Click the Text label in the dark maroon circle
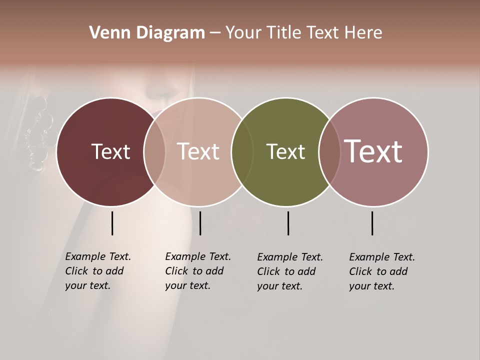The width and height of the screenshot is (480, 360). [110, 151]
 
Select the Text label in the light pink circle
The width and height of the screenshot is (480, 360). [198, 151]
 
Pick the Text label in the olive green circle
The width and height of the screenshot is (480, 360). [285, 151]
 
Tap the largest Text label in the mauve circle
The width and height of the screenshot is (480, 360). [373, 151]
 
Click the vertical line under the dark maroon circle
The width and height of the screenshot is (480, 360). [112, 223]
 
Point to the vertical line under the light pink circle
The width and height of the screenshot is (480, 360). [200, 223]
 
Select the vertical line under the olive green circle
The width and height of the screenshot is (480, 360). [288, 223]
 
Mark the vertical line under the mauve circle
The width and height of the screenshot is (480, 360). [372, 223]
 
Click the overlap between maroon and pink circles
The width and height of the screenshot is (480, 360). [154, 151]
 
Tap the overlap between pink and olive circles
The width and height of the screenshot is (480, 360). [242, 151]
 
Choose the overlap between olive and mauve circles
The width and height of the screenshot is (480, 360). [329, 151]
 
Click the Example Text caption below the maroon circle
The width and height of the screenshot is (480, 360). [98, 271]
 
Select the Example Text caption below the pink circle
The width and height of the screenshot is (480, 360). [198, 271]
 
